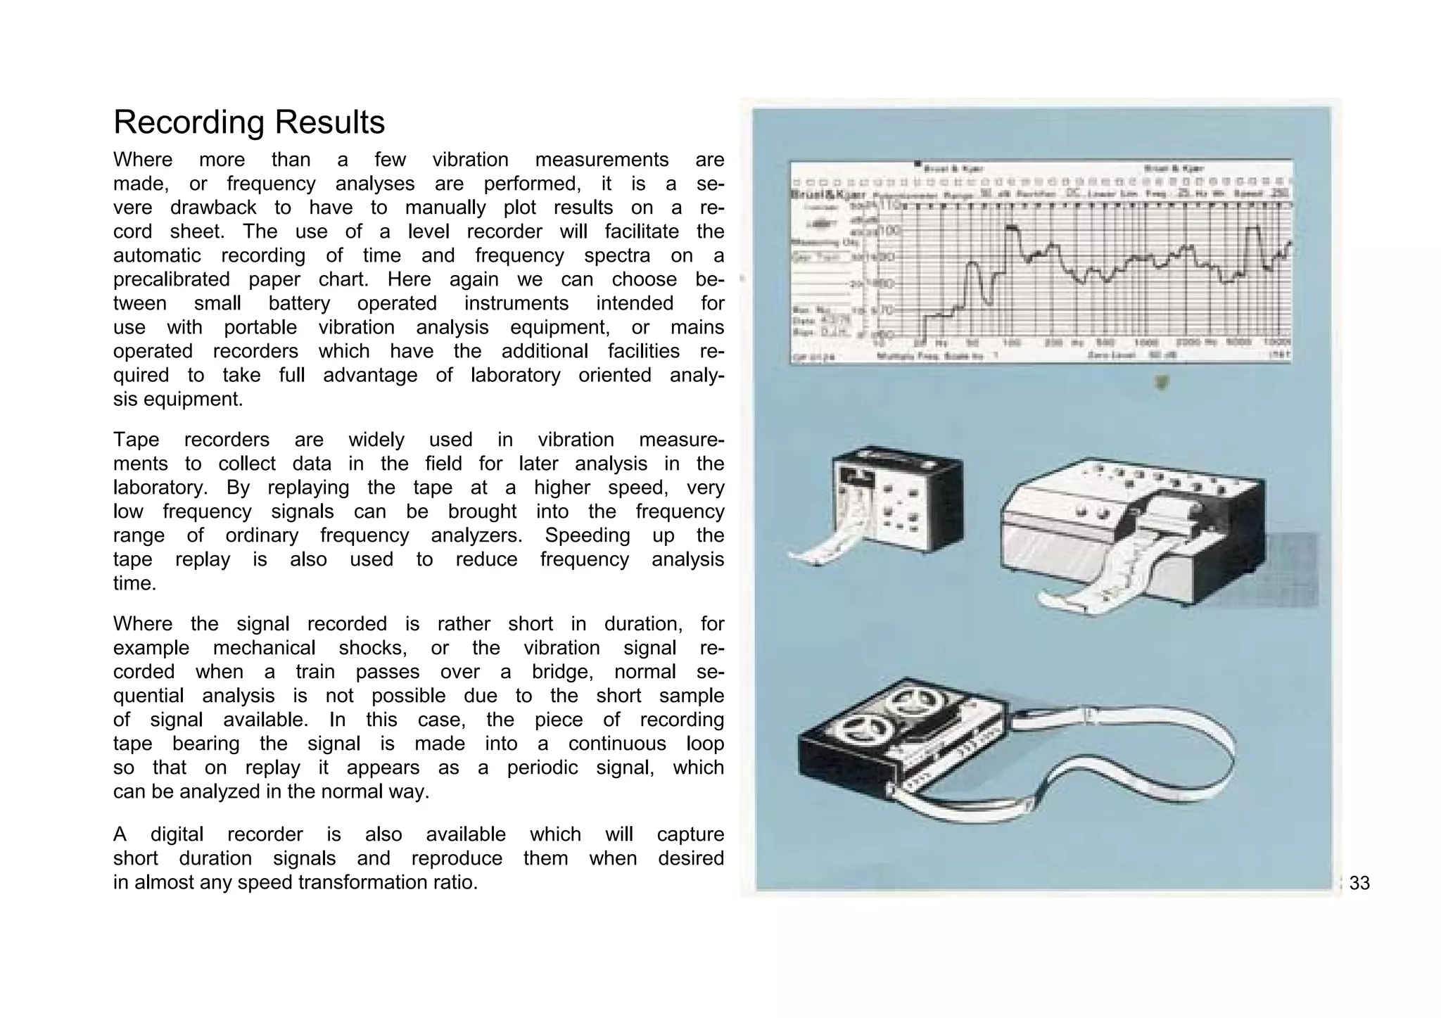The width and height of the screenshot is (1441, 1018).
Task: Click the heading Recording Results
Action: click(x=249, y=122)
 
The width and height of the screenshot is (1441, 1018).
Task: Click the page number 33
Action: click(x=1359, y=883)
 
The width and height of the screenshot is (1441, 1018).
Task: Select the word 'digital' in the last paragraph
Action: click(x=177, y=834)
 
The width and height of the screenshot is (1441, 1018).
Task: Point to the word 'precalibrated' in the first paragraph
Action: click(x=171, y=279)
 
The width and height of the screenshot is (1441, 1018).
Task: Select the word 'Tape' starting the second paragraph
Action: click(x=136, y=440)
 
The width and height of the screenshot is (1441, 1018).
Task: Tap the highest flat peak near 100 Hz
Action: click(x=1012, y=228)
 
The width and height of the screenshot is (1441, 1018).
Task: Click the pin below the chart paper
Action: click(x=1162, y=382)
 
